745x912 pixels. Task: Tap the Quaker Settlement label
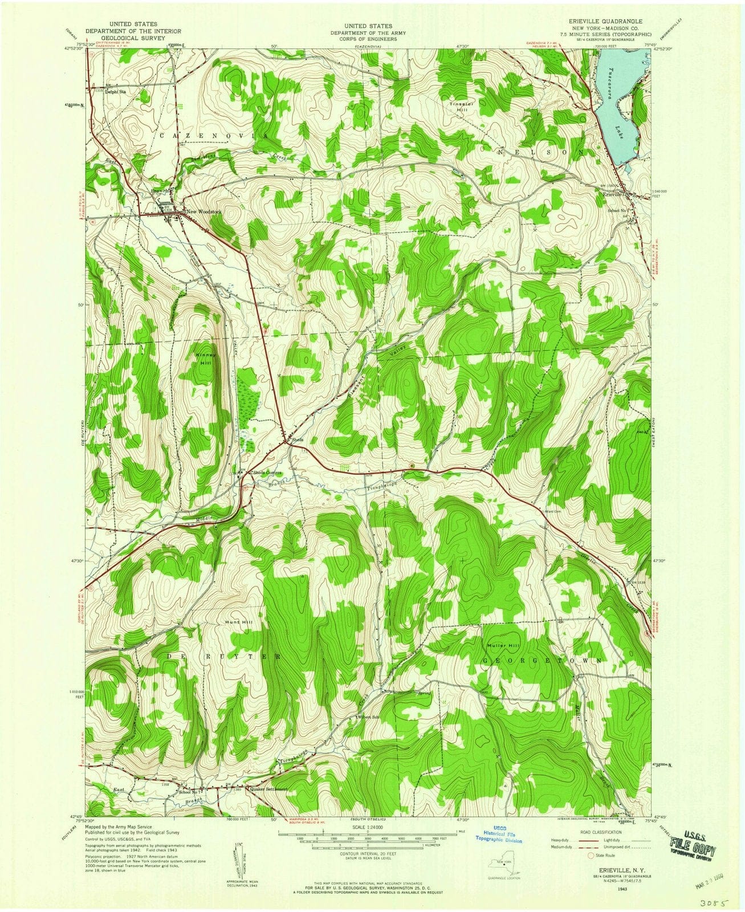point(259,790)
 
